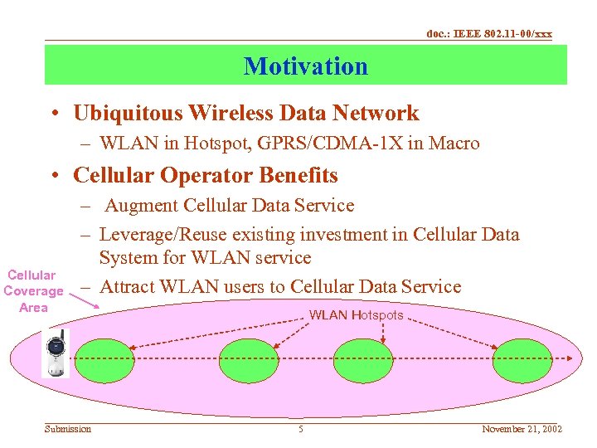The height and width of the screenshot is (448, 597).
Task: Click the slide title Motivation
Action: (x=305, y=66)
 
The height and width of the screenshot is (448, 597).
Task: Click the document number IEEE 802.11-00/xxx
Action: (x=489, y=34)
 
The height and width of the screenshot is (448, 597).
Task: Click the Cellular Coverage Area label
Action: (x=32, y=291)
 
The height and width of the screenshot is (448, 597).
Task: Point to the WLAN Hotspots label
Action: (x=356, y=315)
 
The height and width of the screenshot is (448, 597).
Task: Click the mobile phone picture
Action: (x=58, y=353)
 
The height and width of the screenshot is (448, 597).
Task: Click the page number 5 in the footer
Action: (x=301, y=429)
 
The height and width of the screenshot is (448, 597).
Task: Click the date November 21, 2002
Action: (x=522, y=429)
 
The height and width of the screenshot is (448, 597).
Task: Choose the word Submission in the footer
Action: (x=68, y=429)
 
